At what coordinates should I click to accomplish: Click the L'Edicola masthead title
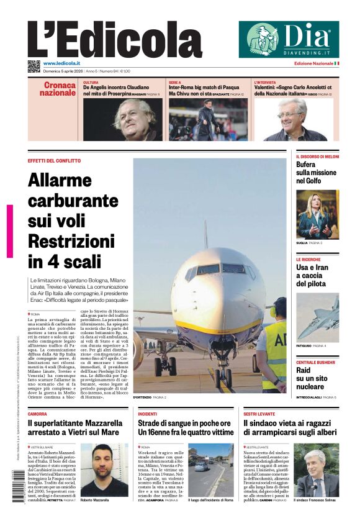click(115, 40)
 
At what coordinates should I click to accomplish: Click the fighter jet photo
click(317, 316)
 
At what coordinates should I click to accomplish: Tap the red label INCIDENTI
click(148, 413)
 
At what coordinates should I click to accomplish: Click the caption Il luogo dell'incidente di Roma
click(210, 499)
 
